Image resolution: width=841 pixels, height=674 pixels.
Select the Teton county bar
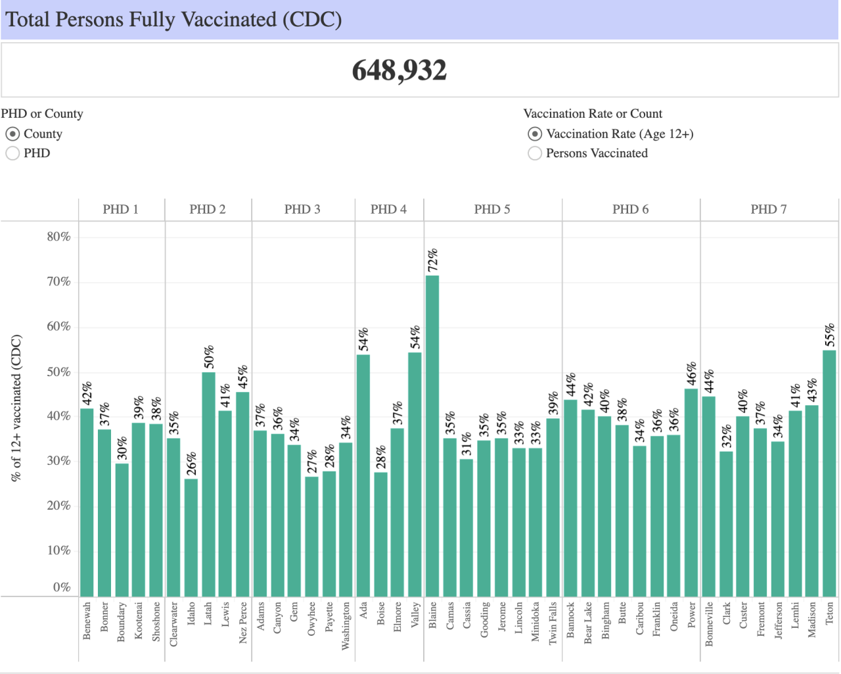829,473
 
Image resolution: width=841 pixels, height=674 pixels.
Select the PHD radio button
12,153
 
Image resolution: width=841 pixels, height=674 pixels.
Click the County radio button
12,134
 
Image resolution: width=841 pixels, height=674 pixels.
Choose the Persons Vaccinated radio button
535,153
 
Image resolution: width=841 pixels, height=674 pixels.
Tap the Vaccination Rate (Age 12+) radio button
535,134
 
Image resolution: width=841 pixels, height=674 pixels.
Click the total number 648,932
399,70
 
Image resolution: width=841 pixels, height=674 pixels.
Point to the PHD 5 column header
492,209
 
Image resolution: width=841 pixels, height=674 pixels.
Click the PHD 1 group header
121,209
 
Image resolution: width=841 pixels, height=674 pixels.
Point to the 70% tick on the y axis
58,282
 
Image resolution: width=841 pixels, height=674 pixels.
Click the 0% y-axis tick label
62,587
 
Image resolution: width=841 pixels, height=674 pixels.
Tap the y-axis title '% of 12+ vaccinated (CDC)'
16,408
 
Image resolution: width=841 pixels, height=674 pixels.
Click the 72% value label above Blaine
432,260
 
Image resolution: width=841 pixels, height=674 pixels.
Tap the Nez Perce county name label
243,622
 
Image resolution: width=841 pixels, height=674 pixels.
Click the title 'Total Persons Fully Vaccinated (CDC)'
174,20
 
